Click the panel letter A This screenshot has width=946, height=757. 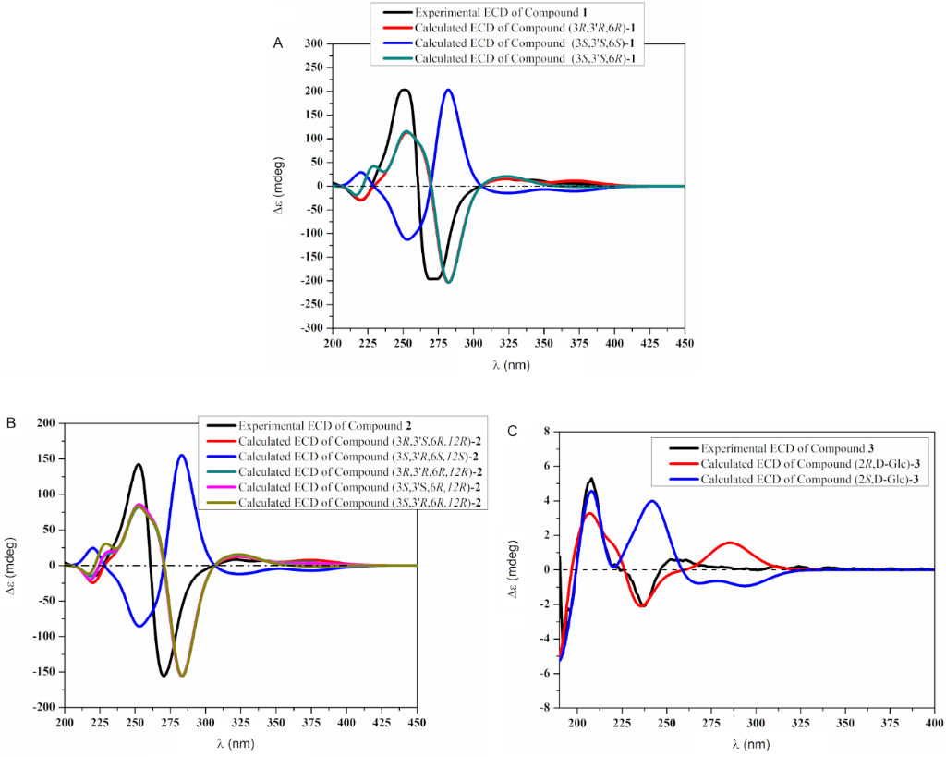(277, 43)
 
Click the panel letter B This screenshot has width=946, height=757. (10, 422)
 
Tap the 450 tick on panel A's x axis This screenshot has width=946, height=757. (685, 344)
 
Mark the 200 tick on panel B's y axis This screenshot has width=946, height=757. (45, 423)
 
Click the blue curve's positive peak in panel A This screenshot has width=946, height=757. (447, 90)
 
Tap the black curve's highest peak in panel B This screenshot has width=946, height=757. (139, 464)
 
